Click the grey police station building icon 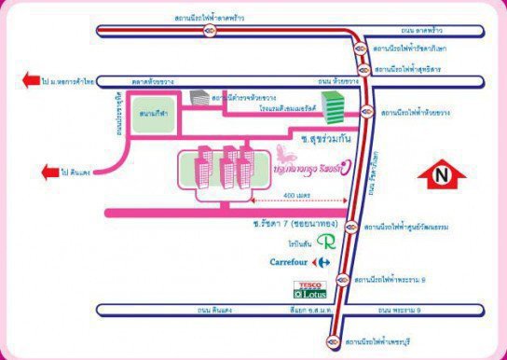point(199,97)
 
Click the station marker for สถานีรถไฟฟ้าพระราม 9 point(344,277)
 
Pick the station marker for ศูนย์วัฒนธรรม point(350,227)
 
